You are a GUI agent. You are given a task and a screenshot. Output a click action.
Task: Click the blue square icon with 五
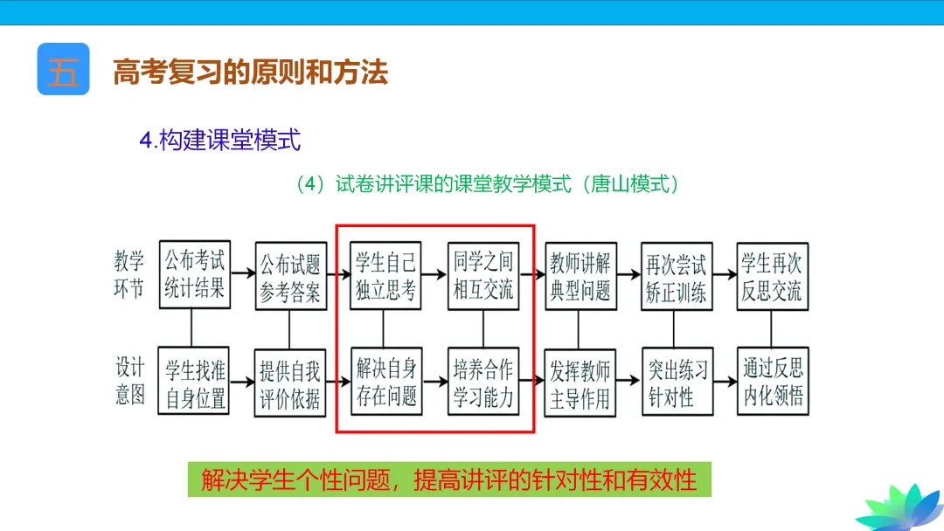[63, 69]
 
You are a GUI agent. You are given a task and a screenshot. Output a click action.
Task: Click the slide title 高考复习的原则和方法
[250, 72]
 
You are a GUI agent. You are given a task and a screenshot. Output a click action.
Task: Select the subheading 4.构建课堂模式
[220, 139]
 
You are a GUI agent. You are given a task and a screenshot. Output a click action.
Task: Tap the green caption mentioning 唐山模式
[488, 184]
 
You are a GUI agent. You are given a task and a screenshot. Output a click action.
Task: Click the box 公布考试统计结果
[194, 274]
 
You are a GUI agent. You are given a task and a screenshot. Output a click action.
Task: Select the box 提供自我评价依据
[289, 382]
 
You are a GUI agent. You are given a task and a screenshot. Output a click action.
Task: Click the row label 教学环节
[129, 274]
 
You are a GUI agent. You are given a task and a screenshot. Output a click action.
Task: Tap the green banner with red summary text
[449, 479]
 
